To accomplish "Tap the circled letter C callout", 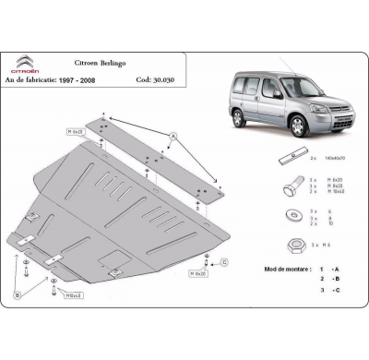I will point(225,262).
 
